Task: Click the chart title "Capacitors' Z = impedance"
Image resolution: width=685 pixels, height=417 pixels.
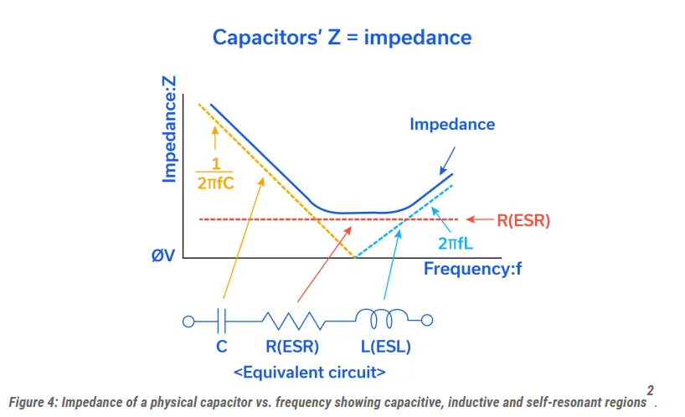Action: point(342,38)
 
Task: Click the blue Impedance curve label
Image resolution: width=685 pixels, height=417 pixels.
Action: point(452,125)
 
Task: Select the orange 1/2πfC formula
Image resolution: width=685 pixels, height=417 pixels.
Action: point(215,172)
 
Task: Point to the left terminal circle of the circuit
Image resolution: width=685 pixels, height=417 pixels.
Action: point(189,320)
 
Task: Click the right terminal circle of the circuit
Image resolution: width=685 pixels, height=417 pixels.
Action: point(427,319)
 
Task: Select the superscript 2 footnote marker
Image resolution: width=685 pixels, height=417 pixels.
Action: point(650,390)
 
